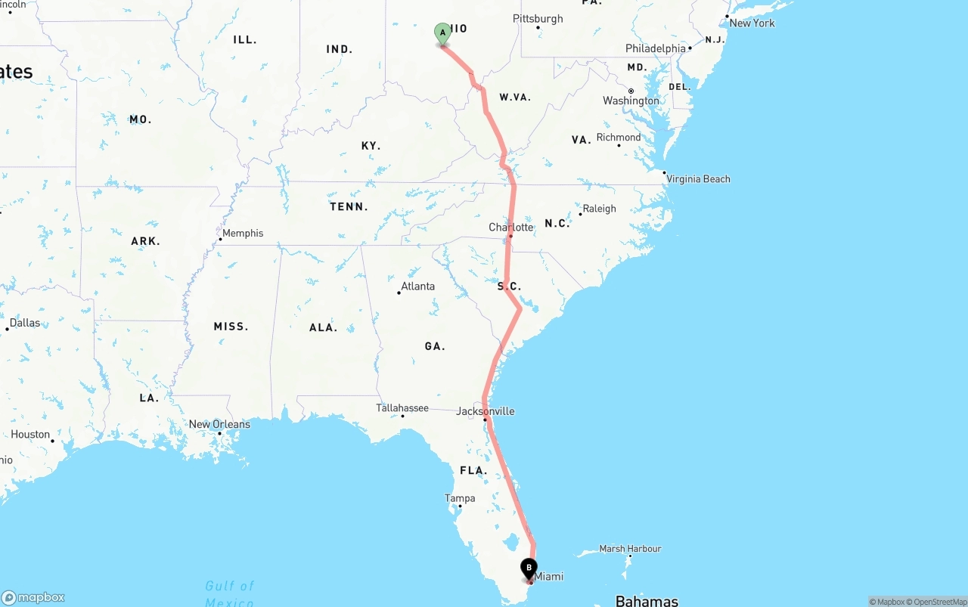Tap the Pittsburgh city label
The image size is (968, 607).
pos(538,19)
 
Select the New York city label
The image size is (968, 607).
pos(752,23)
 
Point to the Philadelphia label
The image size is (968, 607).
pos(656,48)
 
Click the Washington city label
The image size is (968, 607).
pos(631,101)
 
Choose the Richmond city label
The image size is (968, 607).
pos(619,138)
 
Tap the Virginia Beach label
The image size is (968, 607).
pos(698,179)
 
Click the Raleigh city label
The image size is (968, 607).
pos(599,209)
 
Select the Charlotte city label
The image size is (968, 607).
pos(511,227)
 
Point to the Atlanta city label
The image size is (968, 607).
pos(417,286)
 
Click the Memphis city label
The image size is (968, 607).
pos(243,234)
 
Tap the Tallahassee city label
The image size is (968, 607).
pos(402,408)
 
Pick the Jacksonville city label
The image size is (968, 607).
pos(486,411)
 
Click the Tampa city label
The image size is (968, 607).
pos(460,498)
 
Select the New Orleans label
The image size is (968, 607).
pos(219,424)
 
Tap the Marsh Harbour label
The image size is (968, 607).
pos(630,549)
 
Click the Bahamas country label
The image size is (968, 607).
pos(647,601)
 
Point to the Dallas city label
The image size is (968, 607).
pos(25,323)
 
